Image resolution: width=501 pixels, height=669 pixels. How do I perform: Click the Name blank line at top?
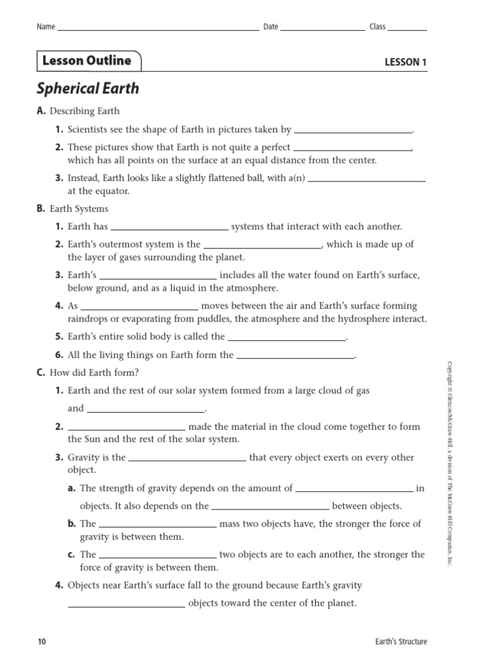(158, 29)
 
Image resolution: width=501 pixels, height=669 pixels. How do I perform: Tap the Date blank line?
(322, 29)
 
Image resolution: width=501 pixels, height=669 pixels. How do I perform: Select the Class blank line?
(408, 29)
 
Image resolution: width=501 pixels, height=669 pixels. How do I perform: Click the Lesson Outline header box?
(87, 61)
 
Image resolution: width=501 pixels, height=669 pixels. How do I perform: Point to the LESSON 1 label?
(405, 63)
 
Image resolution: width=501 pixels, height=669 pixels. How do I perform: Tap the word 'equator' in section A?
(114, 191)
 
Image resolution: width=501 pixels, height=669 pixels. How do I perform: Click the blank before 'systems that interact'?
(169, 229)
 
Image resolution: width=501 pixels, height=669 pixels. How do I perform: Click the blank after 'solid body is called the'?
(286, 339)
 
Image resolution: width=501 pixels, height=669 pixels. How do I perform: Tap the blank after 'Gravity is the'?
(187, 460)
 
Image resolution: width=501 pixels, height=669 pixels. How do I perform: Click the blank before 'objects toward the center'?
(127, 606)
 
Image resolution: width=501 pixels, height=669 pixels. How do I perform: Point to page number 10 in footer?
(42, 642)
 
